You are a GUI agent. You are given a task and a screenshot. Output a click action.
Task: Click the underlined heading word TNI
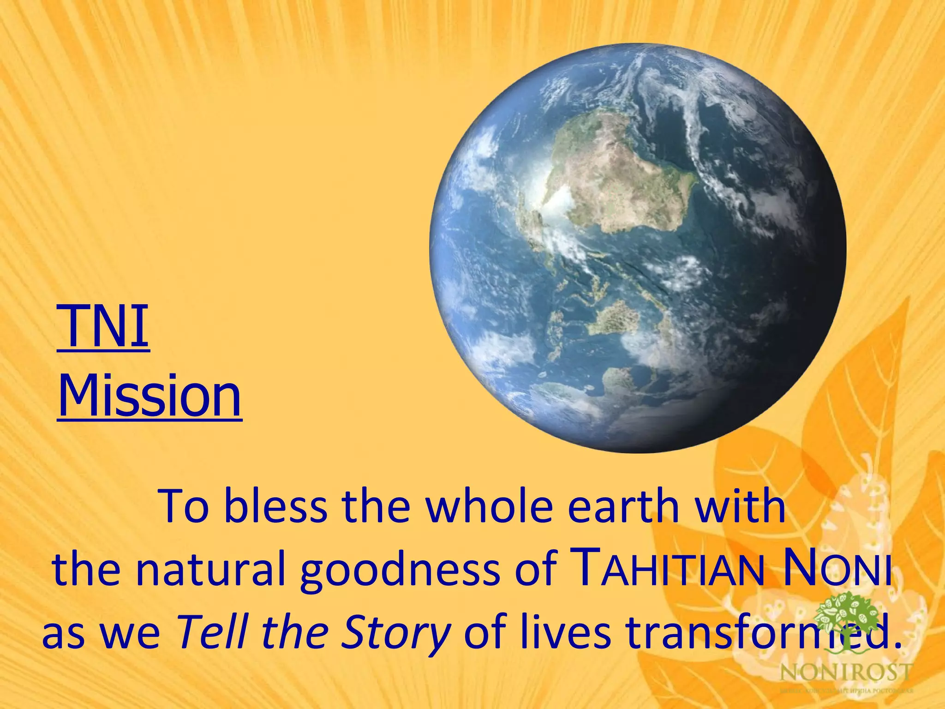(103, 326)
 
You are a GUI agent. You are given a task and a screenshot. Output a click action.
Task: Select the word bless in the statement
(275, 506)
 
